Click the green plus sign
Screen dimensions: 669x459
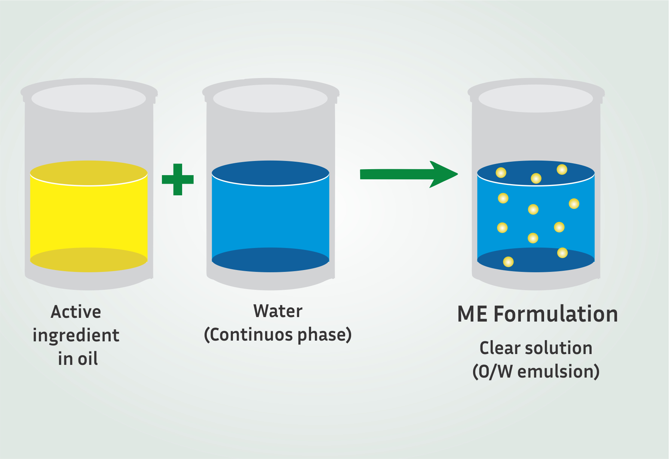tap(178, 179)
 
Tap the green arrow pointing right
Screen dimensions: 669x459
tap(409, 174)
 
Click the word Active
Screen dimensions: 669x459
tap(76, 312)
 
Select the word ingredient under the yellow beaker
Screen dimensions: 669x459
tap(76, 335)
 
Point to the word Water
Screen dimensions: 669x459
tap(278, 311)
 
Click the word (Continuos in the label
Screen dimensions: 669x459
tap(249, 335)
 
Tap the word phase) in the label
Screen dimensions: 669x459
tap(325, 335)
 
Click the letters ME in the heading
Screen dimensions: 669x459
tap(472, 314)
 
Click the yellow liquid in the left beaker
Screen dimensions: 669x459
tap(89, 216)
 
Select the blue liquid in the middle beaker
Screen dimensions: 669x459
tap(270, 216)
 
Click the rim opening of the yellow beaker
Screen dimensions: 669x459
tap(89, 98)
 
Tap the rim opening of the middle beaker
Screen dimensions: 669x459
tap(270, 98)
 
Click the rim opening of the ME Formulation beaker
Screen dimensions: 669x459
tap(536, 98)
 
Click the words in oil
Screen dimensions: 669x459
tap(78, 359)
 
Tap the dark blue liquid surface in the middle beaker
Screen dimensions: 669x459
tap(270, 173)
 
